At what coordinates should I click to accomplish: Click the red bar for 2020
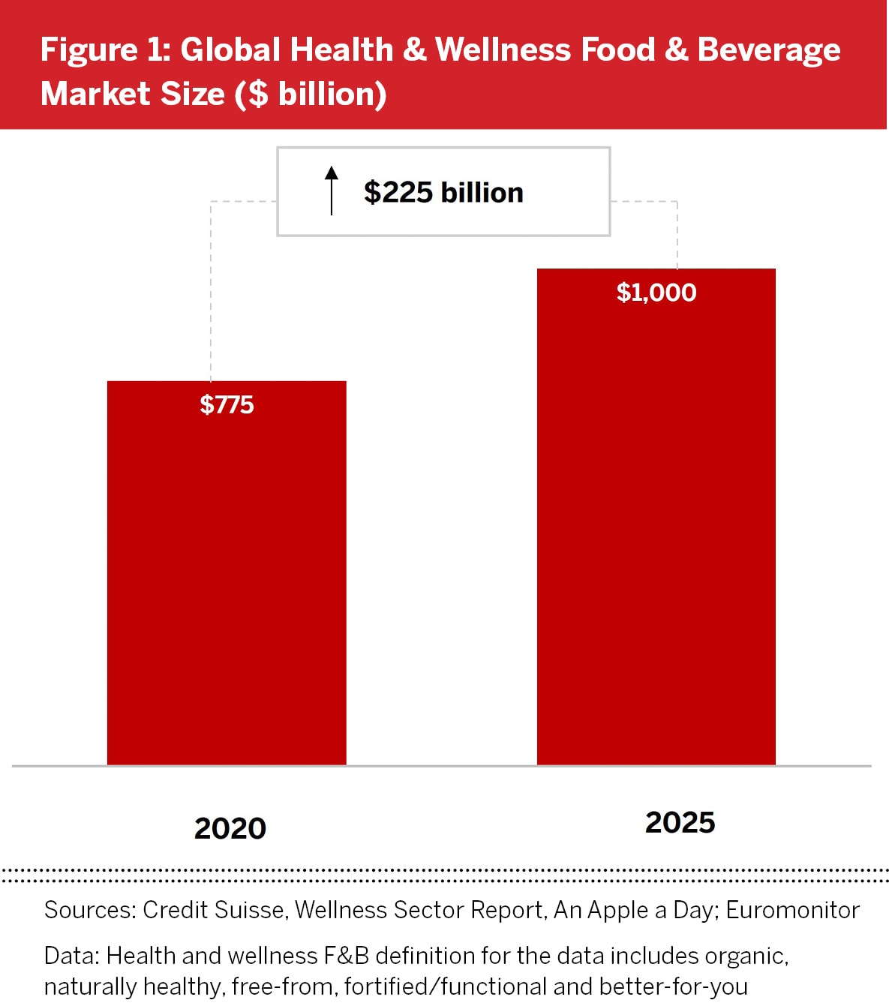point(227,585)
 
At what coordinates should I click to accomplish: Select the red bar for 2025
point(656,525)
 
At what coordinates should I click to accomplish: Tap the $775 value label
point(227,405)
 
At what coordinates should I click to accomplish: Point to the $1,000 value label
point(656,293)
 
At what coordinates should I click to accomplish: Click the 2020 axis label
point(230,828)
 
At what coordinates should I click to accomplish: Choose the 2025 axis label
point(680,822)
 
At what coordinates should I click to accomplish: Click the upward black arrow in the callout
point(332,191)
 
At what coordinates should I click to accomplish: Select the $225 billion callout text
point(443,193)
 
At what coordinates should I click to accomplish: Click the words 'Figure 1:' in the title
point(106,50)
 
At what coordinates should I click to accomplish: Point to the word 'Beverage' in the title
point(768,50)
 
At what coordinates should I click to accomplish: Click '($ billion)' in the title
point(310,95)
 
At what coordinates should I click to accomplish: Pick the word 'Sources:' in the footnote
point(90,910)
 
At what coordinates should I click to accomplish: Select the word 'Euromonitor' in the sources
point(792,910)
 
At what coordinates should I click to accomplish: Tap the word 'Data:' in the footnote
point(72,956)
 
